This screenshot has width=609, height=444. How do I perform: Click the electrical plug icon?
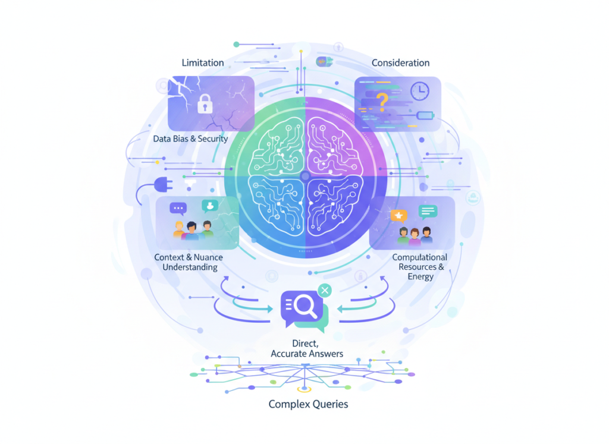pyautogui.click(x=161, y=185)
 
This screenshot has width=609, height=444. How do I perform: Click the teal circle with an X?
pyautogui.click(x=324, y=290)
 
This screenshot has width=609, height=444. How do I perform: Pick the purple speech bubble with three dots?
pyautogui.click(x=178, y=209)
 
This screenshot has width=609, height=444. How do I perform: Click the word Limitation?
pyautogui.click(x=203, y=62)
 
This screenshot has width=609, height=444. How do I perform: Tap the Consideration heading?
pyautogui.click(x=400, y=62)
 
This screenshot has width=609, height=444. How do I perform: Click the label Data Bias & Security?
pyautogui.click(x=190, y=138)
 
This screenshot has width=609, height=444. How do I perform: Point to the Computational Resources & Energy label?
pyautogui.click(x=419, y=267)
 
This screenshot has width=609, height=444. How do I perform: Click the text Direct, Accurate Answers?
pyautogui.click(x=307, y=349)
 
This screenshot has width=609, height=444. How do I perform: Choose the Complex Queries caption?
pyautogui.click(x=308, y=404)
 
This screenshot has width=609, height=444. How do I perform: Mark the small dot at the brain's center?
pyautogui.click(x=305, y=176)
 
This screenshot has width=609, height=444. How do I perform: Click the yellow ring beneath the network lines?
pyautogui.click(x=304, y=390)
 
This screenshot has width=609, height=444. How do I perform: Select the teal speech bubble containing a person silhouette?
pyautogui.click(x=209, y=206)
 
